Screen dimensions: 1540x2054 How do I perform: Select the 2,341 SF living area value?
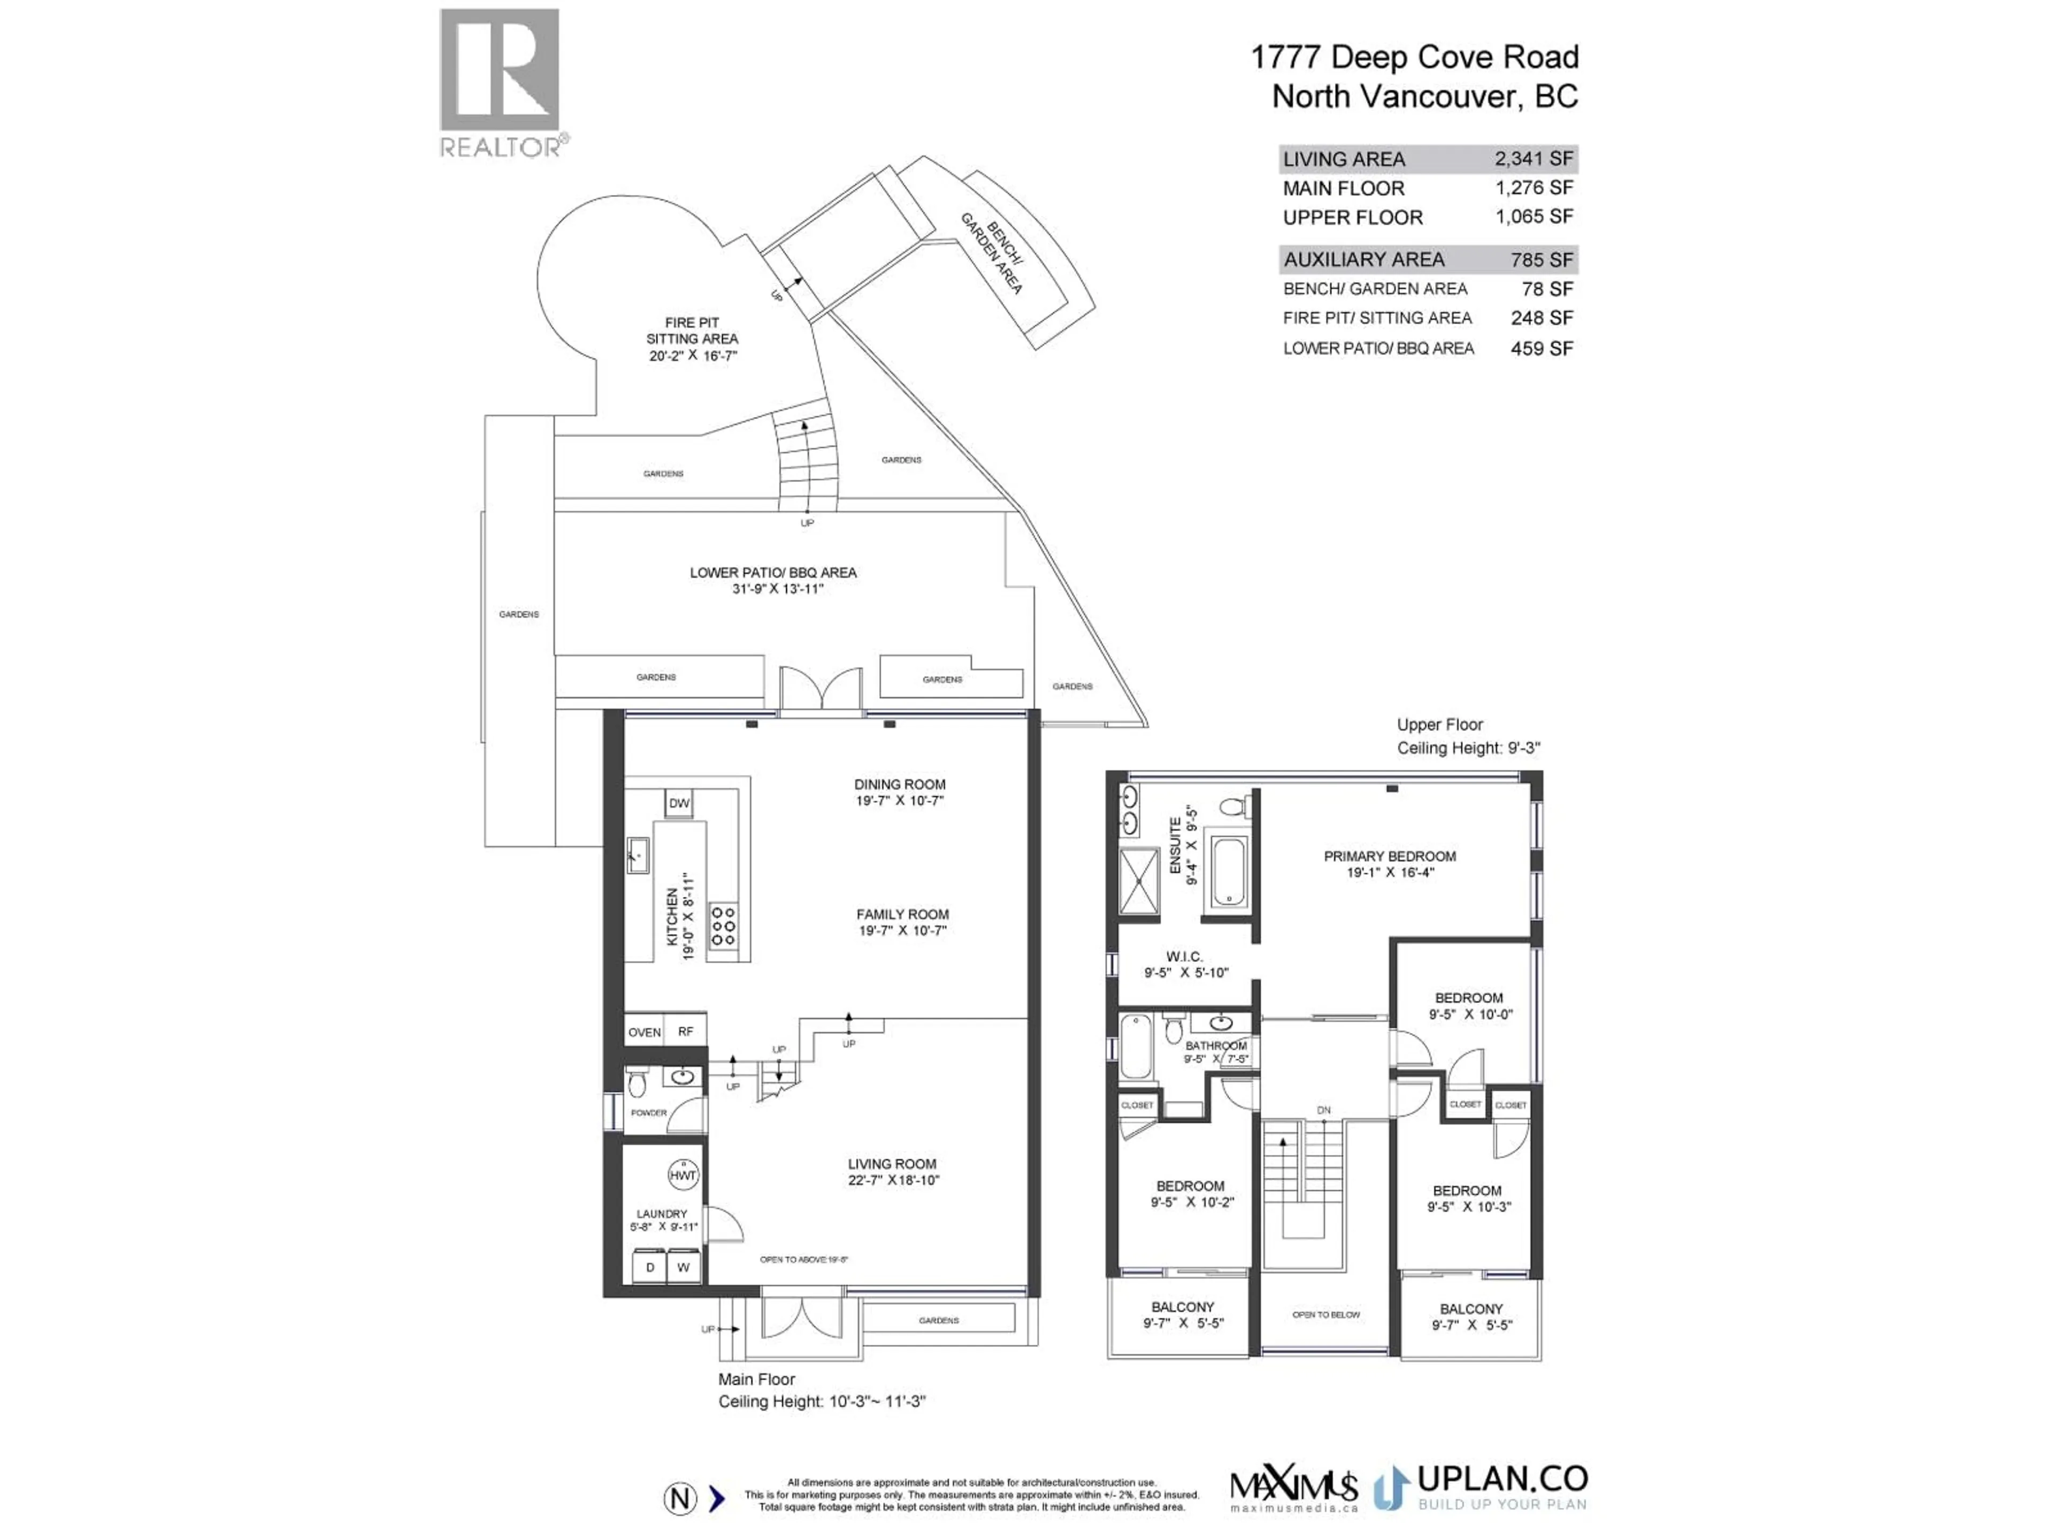(x=1533, y=159)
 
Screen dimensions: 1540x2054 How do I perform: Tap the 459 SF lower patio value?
(x=1542, y=348)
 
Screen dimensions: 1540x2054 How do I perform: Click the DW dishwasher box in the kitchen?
(x=679, y=803)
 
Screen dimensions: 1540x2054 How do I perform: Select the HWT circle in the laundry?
(x=683, y=1175)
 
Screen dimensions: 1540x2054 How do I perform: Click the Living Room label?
(x=892, y=1164)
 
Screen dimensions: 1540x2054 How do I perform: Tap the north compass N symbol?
(x=680, y=1498)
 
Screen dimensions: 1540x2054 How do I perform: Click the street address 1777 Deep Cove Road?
(x=1414, y=58)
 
